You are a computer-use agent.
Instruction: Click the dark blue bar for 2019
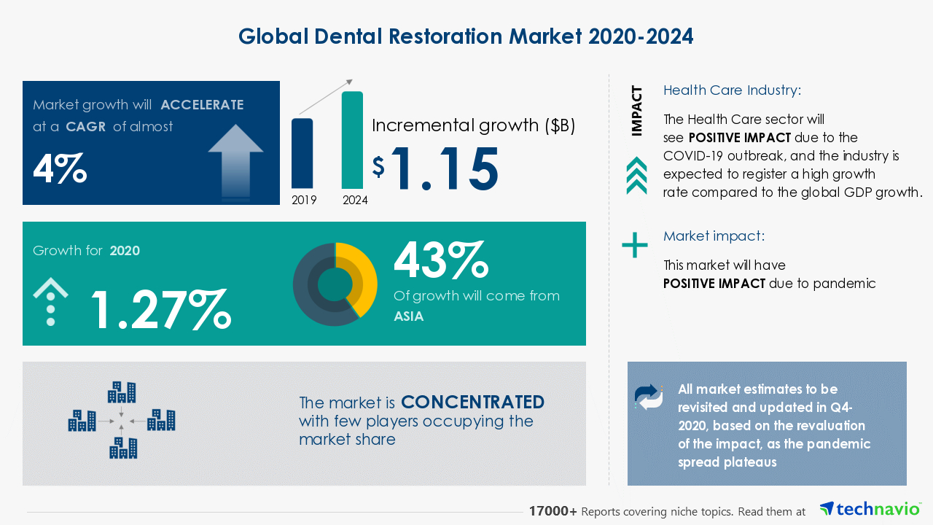click(302, 153)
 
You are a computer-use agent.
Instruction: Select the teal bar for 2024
click(352, 140)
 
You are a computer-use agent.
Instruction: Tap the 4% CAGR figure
click(60, 168)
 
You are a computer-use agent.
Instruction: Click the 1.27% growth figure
click(160, 309)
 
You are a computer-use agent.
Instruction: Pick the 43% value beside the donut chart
click(440, 260)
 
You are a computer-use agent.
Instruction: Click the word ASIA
click(409, 316)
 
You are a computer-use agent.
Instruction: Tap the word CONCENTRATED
click(472, 402)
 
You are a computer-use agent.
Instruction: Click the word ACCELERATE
click(202, 105)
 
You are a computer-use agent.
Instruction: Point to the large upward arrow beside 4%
click(235, 159)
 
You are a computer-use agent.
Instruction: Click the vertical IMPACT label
click(637, 111)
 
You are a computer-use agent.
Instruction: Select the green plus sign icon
click(634, 245)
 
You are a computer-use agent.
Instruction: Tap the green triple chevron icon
click(636, 176)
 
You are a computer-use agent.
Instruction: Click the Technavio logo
click(869, 509)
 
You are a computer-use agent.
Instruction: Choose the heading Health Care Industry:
click(732, 90)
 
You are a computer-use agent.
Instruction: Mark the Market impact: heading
click(714, 236)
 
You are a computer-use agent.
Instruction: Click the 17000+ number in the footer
click(553, 512)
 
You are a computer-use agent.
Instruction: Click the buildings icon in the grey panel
click(122, 421)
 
